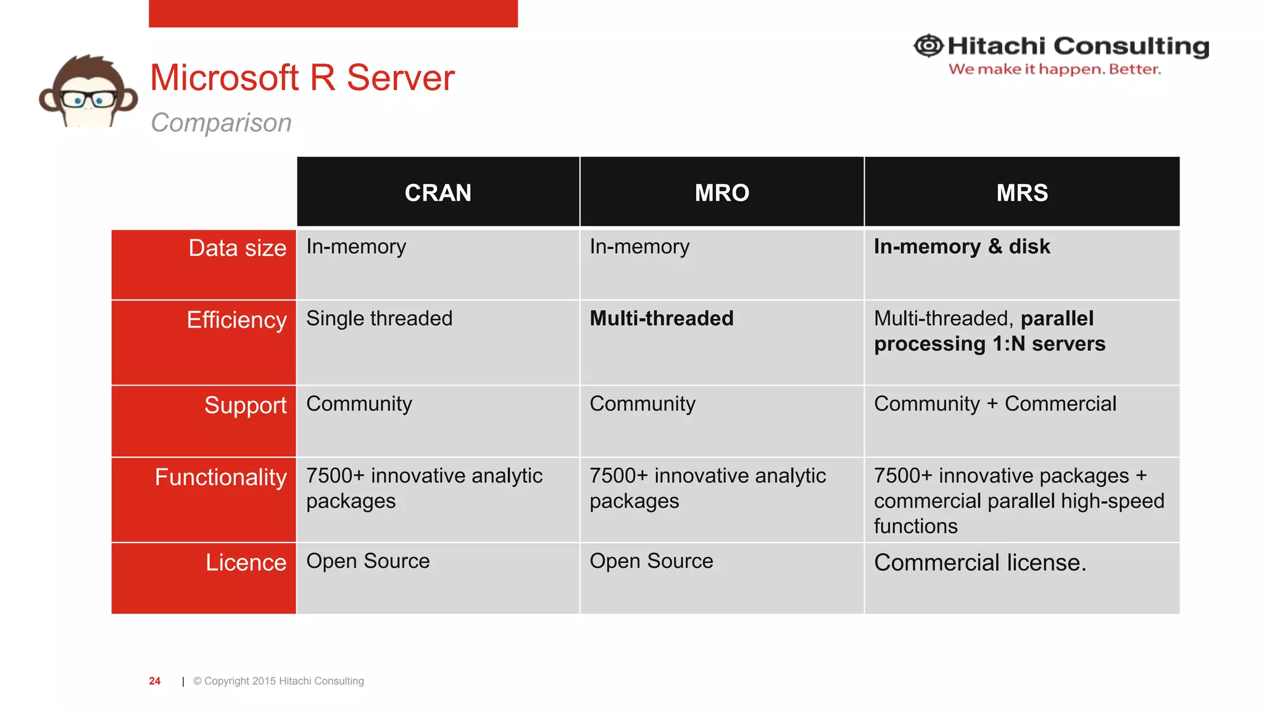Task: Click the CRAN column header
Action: (x=438, y=193)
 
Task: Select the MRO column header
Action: (x=721, y=193)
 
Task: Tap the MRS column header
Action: (x=1021, y=193)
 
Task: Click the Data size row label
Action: (x=237, y=248)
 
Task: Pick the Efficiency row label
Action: (x=236, y=320)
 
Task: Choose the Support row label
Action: (x=245, y=405)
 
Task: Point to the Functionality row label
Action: (x=220, y=477)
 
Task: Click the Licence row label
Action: (x=246, y=562)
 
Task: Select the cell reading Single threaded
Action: (x=379, y=318)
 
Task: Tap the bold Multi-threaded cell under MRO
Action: (x=661, y=318)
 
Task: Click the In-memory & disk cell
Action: (x=962, y=246)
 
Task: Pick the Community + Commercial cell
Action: (x=995, y=404)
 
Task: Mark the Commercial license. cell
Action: (x=979, y=562)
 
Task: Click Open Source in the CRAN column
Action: (x=368, y=561)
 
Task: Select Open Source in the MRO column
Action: (x=651, y=561)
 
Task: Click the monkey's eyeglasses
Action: (x=88, y=99)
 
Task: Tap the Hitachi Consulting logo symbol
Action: (x=928, y=46)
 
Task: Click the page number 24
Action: (x=154, y=681)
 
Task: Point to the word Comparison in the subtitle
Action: (x=221, y=122)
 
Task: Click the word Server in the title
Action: (x=400, y=78)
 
